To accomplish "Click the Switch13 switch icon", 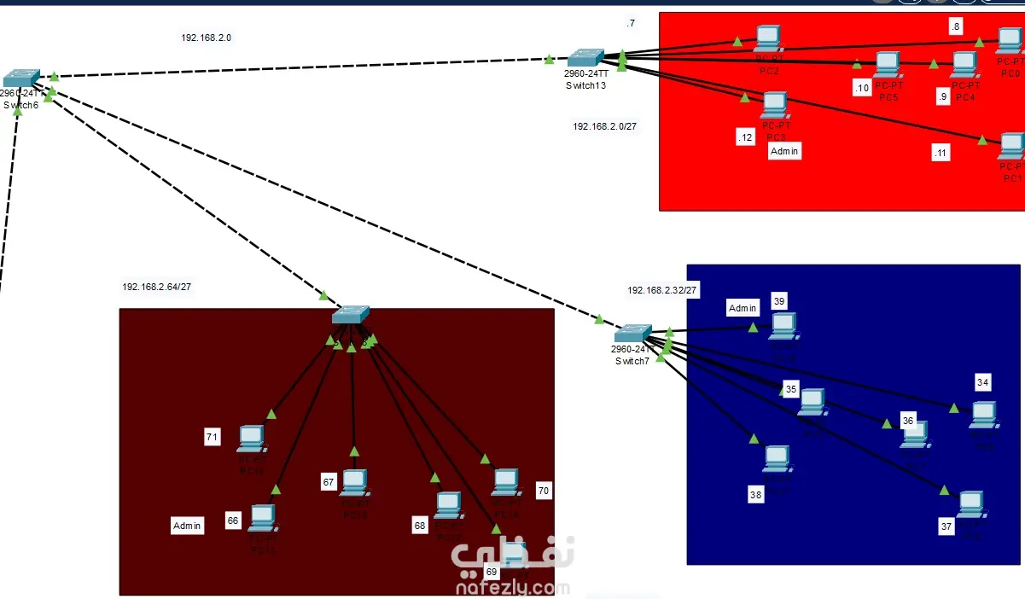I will click(x=585, y=58).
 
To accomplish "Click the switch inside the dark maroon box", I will click(x=350, y=315).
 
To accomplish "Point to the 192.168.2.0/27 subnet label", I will click(x=604, y=126).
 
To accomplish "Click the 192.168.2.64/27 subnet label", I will click(x=156, y=288).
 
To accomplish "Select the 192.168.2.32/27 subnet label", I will click(x=662, y=290).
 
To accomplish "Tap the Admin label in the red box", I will click(x=785, y=151).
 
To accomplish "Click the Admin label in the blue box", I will click(x=743, y=308).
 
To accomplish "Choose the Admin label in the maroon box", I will click(x=187, y=526).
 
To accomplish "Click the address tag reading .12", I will click(x=746, y=137).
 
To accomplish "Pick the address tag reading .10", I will click(x=861, y=88).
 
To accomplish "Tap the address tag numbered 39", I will click(x=779, y=301).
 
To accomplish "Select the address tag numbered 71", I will click(x=213, y=438).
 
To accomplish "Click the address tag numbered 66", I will click(x=233, y=520).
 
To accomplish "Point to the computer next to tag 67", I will click(x=354, y=483).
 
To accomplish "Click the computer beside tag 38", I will click(x=777, y=458).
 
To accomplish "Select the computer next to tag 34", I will click(x=983, y=414).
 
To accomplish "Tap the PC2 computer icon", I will click(x=768, y=38).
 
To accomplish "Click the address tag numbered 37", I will click(x=946, y=526).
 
